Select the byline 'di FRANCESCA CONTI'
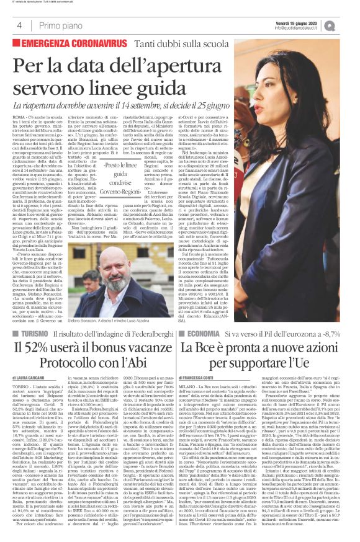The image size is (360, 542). [x=196, y=376]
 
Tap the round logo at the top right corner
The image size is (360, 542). [x=347, y=25]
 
